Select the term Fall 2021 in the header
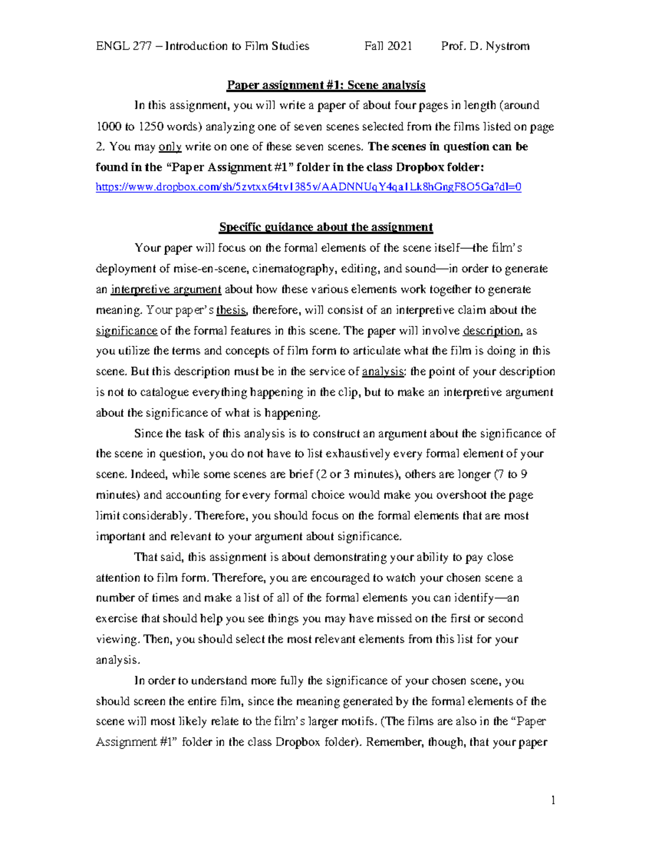388,46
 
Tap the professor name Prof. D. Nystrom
485,46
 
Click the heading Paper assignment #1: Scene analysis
326,85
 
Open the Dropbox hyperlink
308,187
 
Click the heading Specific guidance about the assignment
326,227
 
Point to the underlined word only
170,147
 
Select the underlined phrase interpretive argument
166,290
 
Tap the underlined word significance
127,331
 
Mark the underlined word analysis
383,372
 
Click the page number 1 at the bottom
553,800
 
